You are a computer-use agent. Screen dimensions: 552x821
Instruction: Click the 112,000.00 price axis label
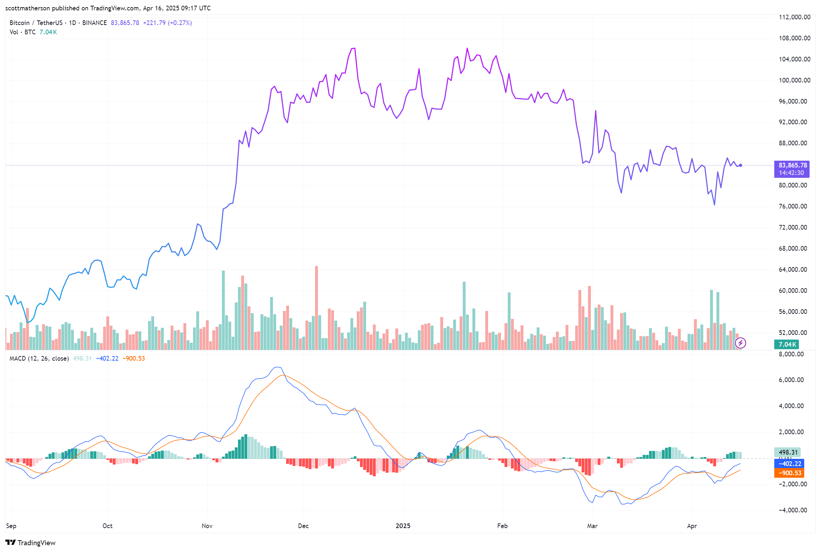[x=794, y=17]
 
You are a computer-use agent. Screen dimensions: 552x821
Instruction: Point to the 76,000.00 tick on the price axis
[x=792, y=206]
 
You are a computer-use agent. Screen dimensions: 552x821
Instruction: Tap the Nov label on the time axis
[x=207, y=526]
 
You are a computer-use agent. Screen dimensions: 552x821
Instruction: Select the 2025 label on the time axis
[x=403, y=526]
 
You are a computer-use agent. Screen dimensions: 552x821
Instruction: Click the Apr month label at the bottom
[x=692, y=526]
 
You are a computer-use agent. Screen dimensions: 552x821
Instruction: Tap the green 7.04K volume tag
[x=787, y=345]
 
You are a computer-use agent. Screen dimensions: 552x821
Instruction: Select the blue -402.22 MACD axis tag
[x=789, y=464]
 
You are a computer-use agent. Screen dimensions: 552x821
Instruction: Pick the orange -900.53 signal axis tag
[x=789, y=473]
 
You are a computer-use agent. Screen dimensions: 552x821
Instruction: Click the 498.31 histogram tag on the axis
[x=787, y=452]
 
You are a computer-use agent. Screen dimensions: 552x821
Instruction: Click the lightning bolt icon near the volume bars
[x=740, y=343]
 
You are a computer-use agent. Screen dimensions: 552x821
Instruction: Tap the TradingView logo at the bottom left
[x=31, y=543]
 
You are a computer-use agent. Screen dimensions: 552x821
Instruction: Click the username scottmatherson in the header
[x=27, y=8]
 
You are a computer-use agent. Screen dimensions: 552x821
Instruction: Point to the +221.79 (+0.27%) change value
[x=167, y=23]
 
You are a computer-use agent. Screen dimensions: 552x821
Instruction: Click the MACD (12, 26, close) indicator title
[x=39, y=358]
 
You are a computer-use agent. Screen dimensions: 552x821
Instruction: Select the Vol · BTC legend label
[x=22, y=32]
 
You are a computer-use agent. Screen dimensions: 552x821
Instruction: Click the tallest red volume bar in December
[x=316, y=307]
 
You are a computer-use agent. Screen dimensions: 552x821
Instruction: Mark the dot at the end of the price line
[x=741, y=165]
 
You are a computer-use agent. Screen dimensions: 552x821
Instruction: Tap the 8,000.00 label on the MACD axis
[x=792, y=354]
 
